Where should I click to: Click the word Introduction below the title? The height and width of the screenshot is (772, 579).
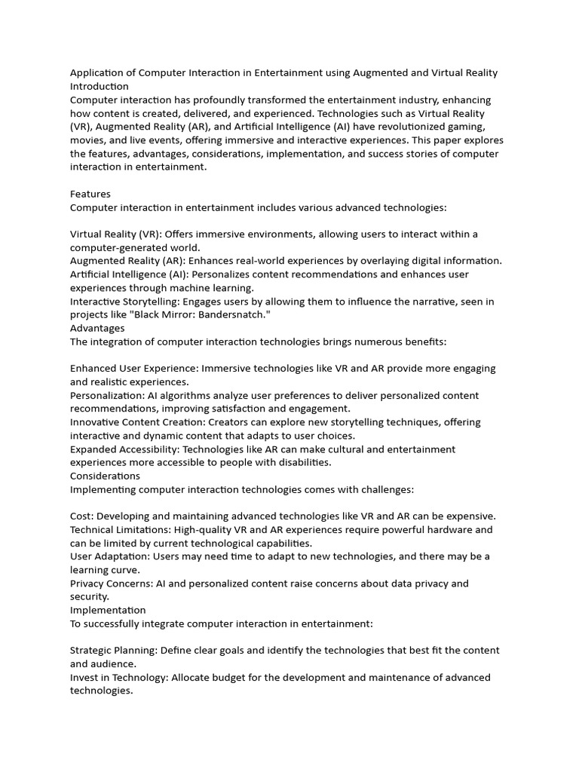(x=100, y=87)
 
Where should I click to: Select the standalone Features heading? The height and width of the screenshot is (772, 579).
(x=90, y=194)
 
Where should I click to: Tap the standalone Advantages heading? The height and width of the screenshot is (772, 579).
(x=97, y=328)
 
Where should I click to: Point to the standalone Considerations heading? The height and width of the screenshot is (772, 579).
(x=105, y=476)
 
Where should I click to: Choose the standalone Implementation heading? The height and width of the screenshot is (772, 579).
(x=108, y=610)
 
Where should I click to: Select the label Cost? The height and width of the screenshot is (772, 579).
(x=81, y=516)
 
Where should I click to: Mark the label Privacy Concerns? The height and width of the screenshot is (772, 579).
(x=111, y=584)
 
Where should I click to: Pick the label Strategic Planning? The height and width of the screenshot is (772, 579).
(x=113, y=651)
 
